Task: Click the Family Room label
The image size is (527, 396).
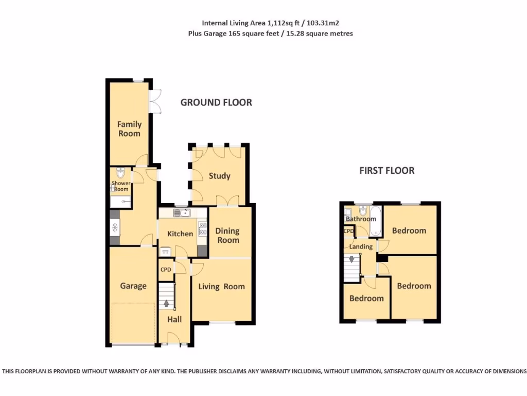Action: (x=129, y=129)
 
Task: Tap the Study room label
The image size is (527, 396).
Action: (x=219, y=176)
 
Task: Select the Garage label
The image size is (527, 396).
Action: (x=133, y=286)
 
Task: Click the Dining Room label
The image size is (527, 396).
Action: (x=227, y=236)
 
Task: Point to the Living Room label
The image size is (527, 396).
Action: (x=222, y=287)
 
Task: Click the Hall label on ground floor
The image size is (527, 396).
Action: (x=174, y=319)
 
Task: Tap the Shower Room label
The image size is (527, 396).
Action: (x=121, y=186)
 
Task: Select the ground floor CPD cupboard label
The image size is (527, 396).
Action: (x=166, y=270)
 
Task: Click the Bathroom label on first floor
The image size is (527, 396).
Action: (x=361, y=219)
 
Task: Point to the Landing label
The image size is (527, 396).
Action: (x=361, y=246)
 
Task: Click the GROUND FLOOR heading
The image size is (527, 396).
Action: (x=216, y=103)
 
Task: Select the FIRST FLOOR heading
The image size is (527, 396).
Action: (x=387, y=171)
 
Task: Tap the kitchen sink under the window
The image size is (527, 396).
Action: (x=182, y=212)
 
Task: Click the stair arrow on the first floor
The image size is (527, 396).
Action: (x=352, y=259)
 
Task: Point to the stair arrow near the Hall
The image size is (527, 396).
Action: (x=166, y=303)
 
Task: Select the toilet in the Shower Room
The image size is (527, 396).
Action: (x=120, y=173)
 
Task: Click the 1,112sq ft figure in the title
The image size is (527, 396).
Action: (x=284, y=23)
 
